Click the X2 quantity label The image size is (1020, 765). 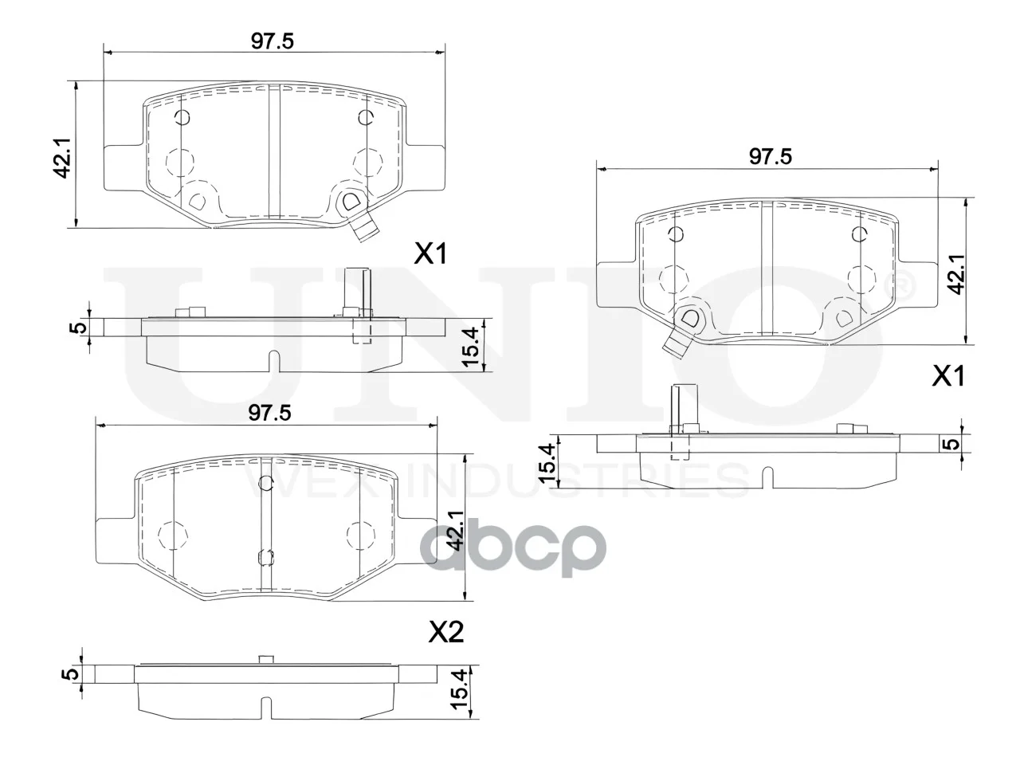click(445, 633)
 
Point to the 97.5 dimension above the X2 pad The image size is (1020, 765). click(269, 413)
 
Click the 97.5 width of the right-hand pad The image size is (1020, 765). click(771, 157)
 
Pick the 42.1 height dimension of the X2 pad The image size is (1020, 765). click(457, 531)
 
